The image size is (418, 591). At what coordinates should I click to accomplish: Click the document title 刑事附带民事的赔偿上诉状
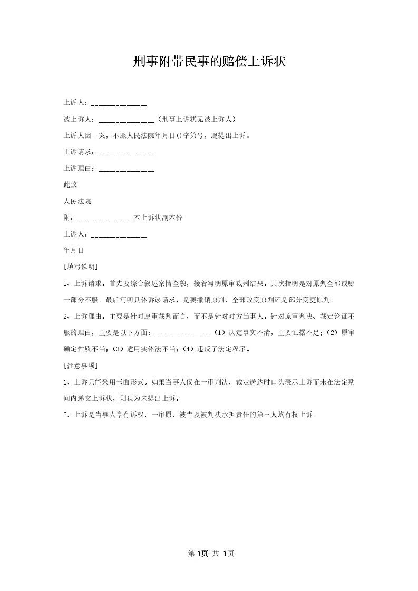[209, 62]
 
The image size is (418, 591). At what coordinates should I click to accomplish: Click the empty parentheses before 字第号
[179, 135]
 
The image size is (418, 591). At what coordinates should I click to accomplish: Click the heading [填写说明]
[80, 267]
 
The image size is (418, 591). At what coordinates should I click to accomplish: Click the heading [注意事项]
[80, 365]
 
